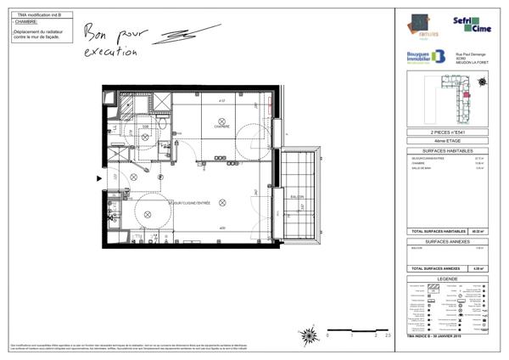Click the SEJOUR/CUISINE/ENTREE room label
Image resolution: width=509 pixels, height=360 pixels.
pos(192,204)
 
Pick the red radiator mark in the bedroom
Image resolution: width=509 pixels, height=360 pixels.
pos(268,108)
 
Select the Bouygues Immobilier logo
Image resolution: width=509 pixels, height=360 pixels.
pos(427,57)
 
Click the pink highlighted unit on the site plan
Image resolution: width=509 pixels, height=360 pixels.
pos(467,93)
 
